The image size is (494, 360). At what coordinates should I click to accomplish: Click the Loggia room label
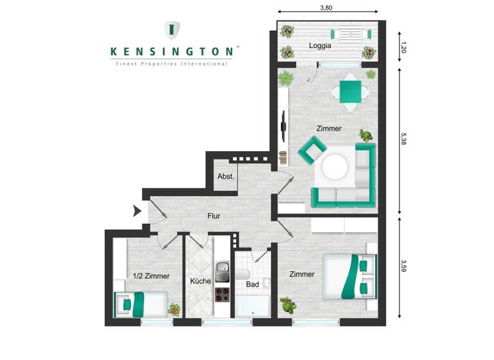click(320, 46)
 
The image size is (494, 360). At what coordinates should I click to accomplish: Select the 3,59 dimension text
click(403, 265)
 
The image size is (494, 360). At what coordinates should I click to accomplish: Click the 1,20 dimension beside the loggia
click(403, 46)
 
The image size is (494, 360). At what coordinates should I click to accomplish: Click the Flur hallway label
click(214, 216)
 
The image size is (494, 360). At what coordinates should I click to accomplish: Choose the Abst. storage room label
click(225, 176)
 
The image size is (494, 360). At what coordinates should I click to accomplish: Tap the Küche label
click(200, 281)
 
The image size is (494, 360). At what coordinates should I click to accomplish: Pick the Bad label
click(252, 283)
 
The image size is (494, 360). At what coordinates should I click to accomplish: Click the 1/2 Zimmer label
click(151, 276)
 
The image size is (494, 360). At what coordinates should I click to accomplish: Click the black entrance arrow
click(136, 211)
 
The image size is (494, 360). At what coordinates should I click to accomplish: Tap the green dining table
click(351, 91)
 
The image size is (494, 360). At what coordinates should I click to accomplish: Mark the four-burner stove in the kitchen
click(222, 296)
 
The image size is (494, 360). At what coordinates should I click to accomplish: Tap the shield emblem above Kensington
click(172, 29)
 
